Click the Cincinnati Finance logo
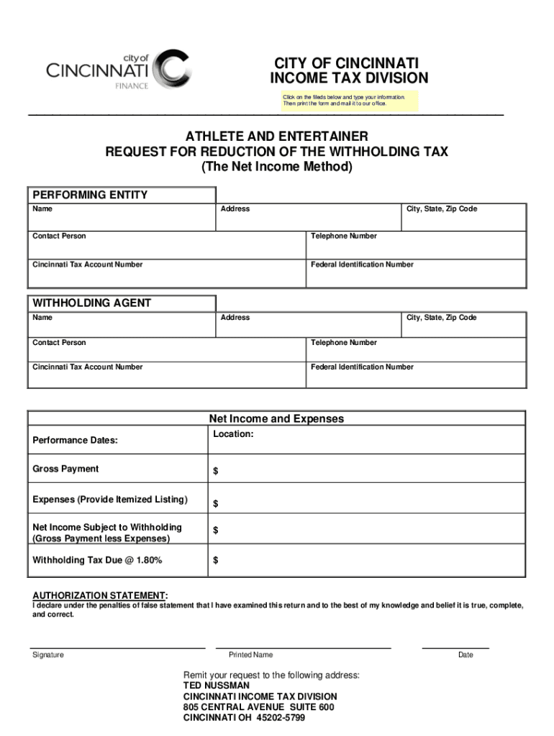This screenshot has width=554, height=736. click(119, 70)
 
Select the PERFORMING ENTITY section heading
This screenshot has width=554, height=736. click(90, 195)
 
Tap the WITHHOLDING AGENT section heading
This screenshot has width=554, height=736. click(91, 303)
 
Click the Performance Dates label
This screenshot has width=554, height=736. click(75, 440)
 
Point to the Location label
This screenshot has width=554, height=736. click(233, 434)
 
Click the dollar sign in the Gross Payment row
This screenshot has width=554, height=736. click(215, 471)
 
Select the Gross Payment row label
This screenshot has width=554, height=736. click(65, 469)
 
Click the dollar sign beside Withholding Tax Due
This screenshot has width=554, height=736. click(215, 561)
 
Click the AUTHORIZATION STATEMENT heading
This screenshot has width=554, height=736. click(100, 596)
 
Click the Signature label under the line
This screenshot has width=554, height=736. click(48, 655)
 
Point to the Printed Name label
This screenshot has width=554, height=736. click(250, 655)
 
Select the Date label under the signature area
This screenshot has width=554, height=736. click(466, 655)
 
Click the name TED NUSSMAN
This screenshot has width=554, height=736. click(217, 686)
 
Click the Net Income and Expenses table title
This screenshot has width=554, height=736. click(276, 418)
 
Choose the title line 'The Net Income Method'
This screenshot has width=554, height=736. click(276, 167)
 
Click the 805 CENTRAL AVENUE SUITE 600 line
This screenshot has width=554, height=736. click(258, 707)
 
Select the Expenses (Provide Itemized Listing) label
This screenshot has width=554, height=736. click(110, 500)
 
